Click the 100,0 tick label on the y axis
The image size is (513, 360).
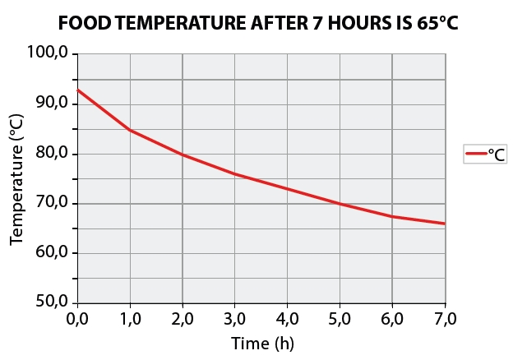(51, 54)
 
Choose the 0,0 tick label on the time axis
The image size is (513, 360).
(77, 318)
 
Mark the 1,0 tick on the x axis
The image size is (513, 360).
(130, 318)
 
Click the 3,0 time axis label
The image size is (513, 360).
(235, 318)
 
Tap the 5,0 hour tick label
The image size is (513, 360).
(340, 318)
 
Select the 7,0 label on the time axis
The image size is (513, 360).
(445, 318)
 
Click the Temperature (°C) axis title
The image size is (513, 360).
(17, 178)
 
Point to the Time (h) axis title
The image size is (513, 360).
(261, 343)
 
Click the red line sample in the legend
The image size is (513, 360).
(475, 154)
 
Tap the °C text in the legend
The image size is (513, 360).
(496, 154)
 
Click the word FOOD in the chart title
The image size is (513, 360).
(88, 24)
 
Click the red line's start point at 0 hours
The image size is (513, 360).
(78, 90)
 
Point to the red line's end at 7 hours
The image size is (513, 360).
(445, 224)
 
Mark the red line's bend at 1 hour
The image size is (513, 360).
(130, 130)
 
